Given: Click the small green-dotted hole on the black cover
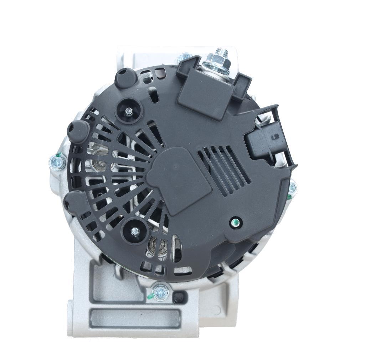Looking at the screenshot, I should tap(235, 223).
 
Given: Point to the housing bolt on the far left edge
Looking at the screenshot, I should tap(56, 162).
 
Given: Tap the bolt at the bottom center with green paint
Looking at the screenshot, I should tap(159, 293).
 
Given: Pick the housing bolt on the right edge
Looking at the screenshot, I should tap(292, 188).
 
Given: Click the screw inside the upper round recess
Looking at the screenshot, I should tap(129, 111).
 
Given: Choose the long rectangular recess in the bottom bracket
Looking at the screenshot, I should tap(135, 318).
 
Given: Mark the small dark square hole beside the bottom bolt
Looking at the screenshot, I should tap(179, 297).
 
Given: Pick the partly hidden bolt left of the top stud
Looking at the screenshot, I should tap(185, 57).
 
